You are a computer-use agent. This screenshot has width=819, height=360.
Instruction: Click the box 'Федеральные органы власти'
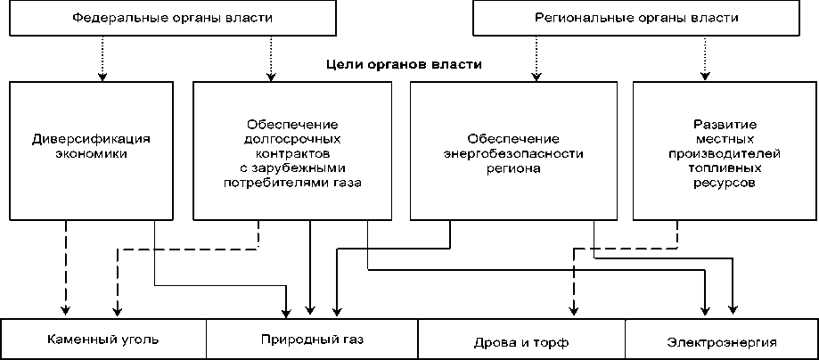172,18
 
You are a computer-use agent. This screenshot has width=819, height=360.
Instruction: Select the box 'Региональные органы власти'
636,18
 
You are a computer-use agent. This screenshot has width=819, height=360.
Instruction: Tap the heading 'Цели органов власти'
404,65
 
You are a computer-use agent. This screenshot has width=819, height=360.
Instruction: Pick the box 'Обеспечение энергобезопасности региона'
513,150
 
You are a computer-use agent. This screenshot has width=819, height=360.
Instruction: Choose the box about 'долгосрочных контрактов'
292,150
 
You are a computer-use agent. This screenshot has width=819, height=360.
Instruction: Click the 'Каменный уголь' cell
104,340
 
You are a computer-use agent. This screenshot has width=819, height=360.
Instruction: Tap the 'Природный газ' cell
312,340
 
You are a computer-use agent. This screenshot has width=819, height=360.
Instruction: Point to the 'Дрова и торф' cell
521,341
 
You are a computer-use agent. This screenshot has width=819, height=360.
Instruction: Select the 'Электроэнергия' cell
722,341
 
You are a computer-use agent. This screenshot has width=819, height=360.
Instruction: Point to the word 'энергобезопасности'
513,153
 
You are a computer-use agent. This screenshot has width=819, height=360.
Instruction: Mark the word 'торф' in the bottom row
552,342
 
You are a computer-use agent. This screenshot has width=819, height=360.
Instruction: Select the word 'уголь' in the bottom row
138,340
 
